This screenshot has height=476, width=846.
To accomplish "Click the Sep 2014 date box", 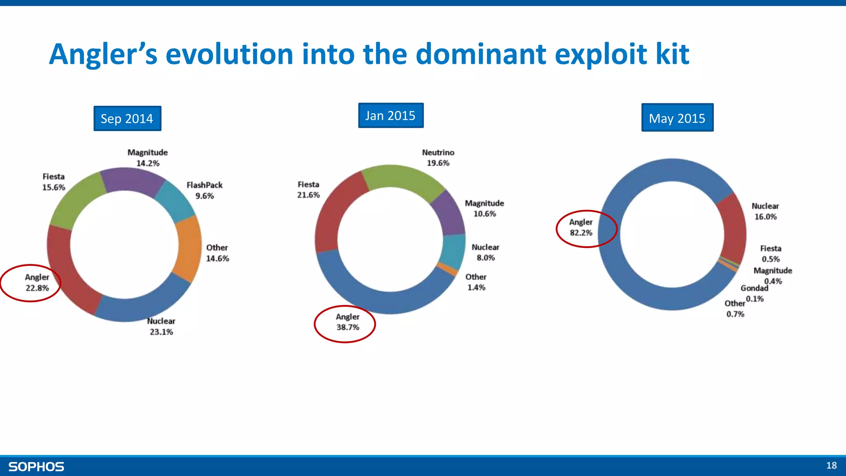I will point(127,119).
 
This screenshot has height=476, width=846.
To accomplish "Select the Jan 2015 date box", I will point(390,116).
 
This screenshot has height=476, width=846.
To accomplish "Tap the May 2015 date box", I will point(677,118).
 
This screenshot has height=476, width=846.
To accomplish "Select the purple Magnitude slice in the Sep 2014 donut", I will point(132,180).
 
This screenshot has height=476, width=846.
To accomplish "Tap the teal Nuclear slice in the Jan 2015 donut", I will point(453,250).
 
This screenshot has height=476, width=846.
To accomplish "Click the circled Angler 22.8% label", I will point(37,283).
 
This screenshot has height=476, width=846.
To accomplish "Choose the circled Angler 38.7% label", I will point(347,322).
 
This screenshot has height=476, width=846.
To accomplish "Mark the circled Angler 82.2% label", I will point(581,228).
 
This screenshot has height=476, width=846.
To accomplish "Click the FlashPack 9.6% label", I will point(204,190).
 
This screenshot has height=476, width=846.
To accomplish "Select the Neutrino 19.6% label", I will point(438,158).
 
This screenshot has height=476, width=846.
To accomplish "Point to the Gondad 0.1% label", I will point(754,293).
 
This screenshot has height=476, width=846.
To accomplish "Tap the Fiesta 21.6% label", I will point(308,190).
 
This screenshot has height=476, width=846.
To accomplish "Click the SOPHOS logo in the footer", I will point(36,467).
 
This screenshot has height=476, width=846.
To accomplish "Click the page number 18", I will point(831,466).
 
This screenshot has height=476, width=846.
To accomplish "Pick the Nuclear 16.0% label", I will point(765,211).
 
